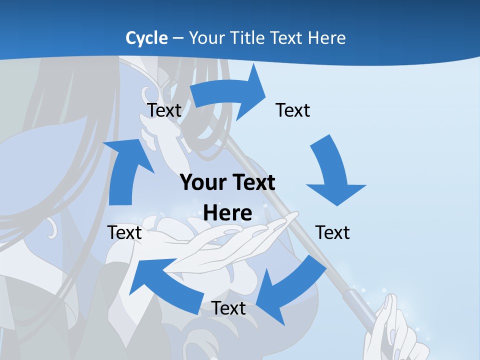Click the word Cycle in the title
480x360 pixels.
click(146, 38)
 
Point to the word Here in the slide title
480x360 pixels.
click(326, 38)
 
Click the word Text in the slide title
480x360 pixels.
click(286, 38)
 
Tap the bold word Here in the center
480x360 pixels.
click(227, 213)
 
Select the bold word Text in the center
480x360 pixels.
click(252, 183)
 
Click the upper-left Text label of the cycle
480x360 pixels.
click(164, 110)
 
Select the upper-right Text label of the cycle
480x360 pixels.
click(293, 110)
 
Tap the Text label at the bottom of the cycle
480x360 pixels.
click(228, 308)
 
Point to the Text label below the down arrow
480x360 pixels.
click(332, 232)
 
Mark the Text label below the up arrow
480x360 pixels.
click(124, 232)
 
